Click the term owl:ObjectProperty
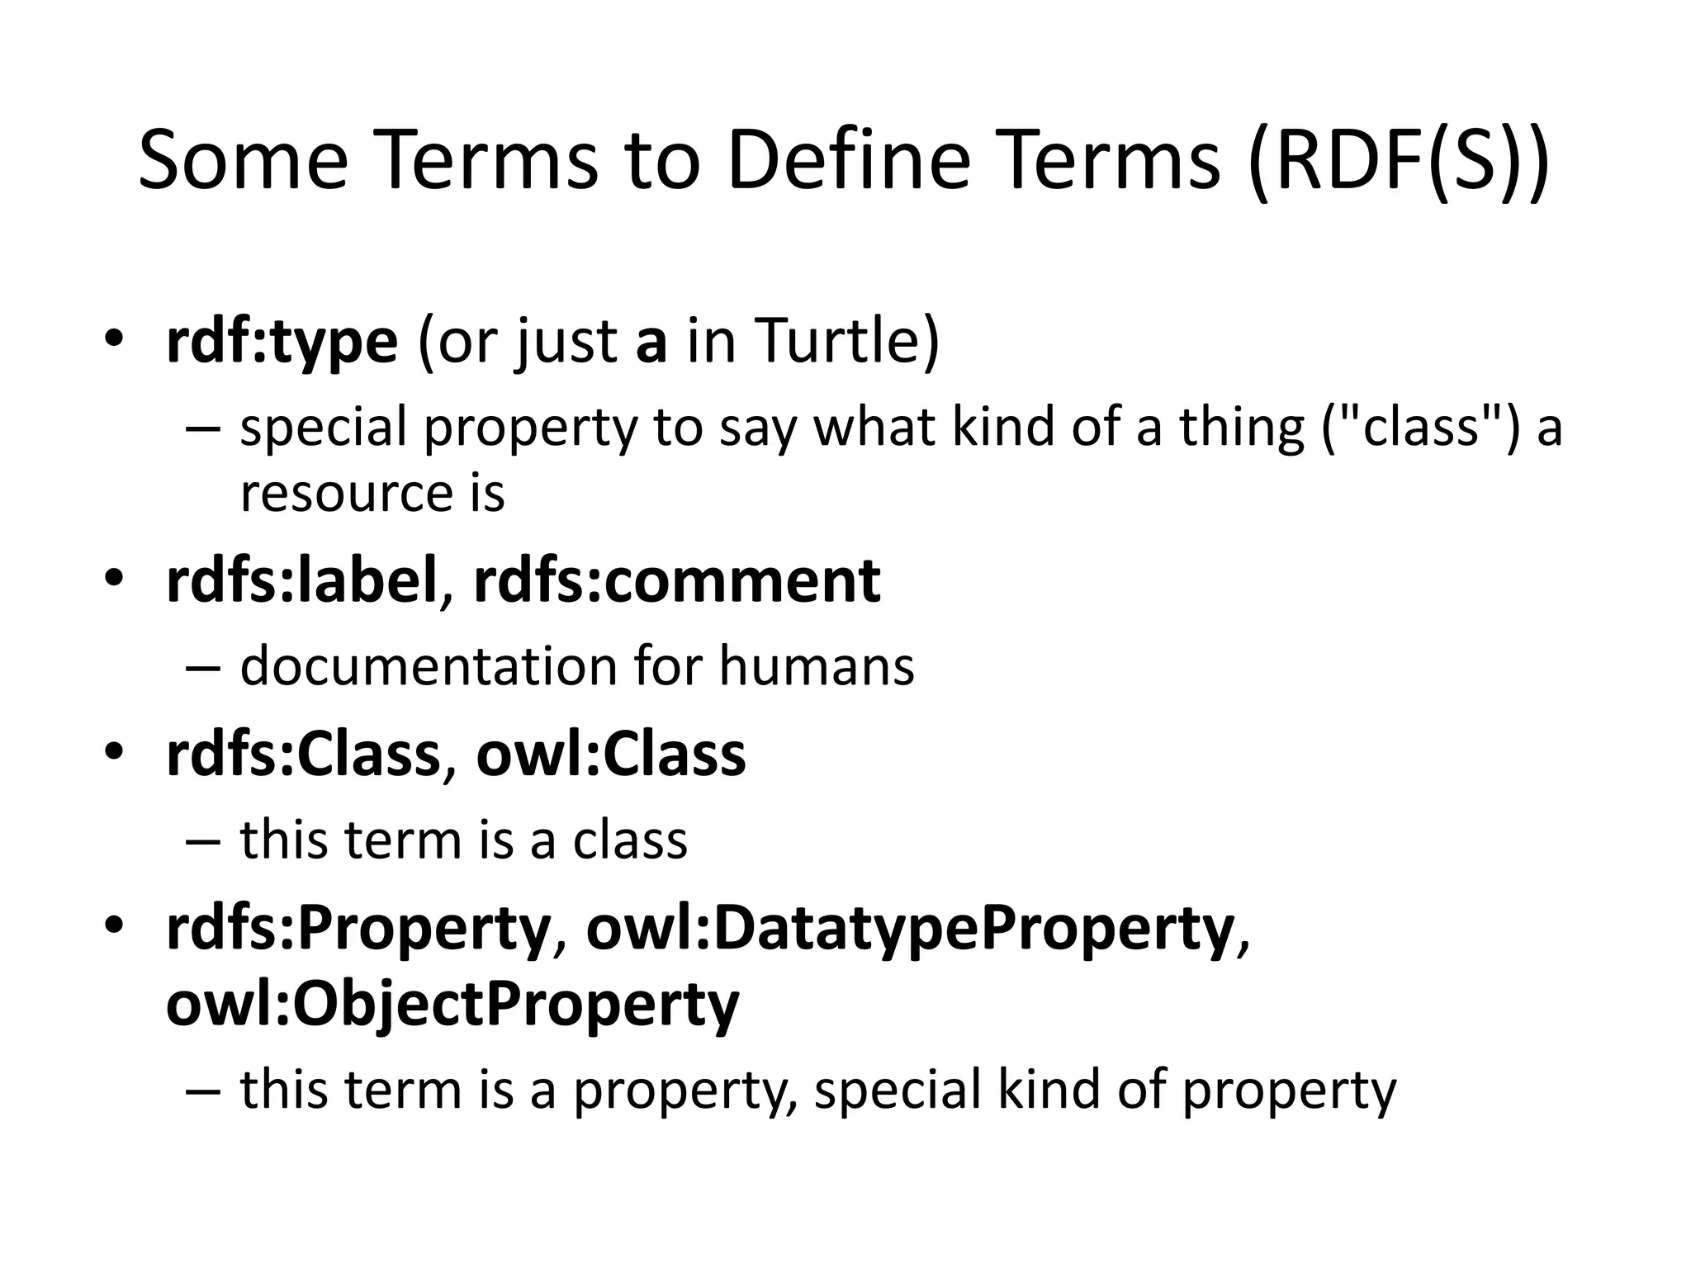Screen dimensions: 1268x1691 pos(452,1005)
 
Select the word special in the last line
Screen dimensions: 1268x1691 pos(897,1089)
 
